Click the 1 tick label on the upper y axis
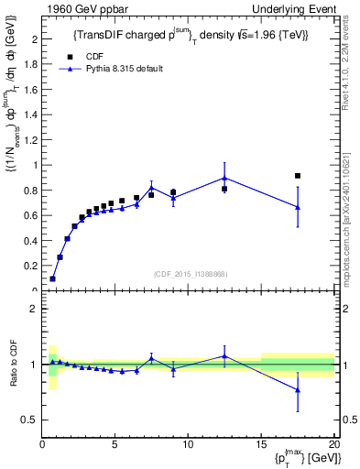point(35,165)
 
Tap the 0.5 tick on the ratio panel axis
point(31,420)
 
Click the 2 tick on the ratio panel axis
point(35,309)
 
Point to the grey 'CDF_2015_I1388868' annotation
point(190,274)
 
